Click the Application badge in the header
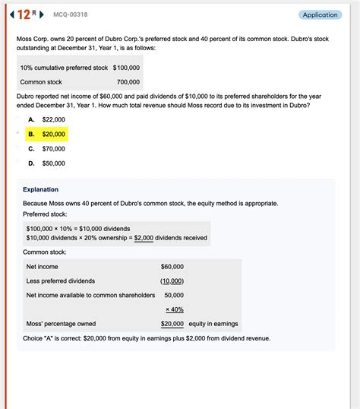pyautogui.click(x=320, y=14)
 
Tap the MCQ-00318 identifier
pyautogui.click(x=69, y=14)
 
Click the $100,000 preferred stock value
pyautogui.click(x=127, y=68)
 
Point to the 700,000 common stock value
pyautogui.click(x=128, y=82)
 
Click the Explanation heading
pyautogui.click(x=40, y=189)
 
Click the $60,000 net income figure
pyautogui.click(x=172, y=267)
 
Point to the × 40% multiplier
pyautogui.click(x=175, y=309)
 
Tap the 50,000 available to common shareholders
pyautogui.click(x=174, y=295)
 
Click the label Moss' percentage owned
pyautogui.click(x=61, y=324)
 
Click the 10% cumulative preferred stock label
pyautogui.click(x=65, y=68)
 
